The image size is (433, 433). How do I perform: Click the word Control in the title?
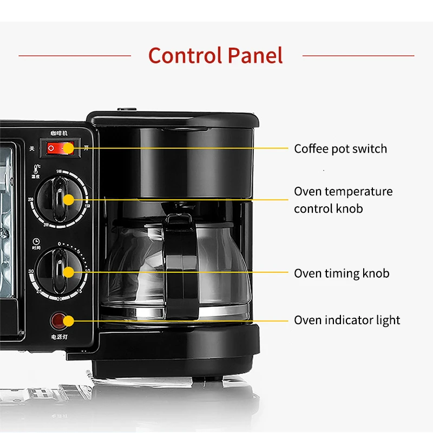(182, 56)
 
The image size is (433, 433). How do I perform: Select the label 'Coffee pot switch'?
(340, 149)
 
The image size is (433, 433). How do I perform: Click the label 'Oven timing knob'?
(342, 273)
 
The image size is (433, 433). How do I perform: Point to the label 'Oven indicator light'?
(347, 320)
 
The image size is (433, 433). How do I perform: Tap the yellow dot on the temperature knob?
(68, 200)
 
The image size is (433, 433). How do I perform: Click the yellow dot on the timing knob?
(68, 272)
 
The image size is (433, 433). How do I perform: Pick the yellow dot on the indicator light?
(68, 321)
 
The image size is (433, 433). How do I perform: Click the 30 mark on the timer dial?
(31, 271)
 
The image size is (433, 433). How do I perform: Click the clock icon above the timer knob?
(36, 241)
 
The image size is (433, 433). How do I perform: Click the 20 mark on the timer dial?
(59, 298)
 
